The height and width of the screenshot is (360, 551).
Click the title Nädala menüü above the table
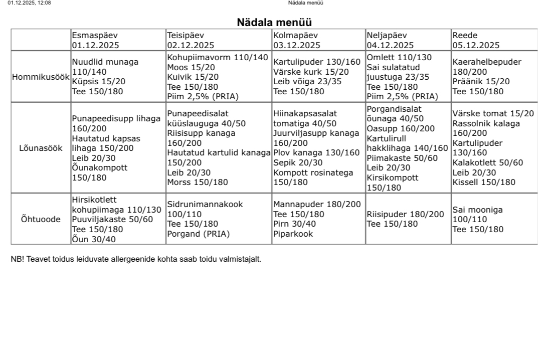point(274,23)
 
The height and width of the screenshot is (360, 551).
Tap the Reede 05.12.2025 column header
point(476,40)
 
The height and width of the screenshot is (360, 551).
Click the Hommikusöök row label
point(41,77)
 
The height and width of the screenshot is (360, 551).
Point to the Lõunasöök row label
point(41,148)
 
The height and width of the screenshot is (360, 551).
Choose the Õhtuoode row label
point(41,219)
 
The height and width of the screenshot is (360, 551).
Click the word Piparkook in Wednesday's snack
point(293,234)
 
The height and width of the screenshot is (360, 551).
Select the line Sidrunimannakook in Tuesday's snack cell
point(205,204)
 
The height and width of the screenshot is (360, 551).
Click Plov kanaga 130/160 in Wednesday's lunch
point(316,152)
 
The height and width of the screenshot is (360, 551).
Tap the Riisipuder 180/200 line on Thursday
point(405,214)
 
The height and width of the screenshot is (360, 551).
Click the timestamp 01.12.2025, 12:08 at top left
point(29,3)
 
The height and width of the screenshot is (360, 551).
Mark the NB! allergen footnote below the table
point(136,259)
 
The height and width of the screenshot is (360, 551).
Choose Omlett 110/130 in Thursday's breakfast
point(399,57)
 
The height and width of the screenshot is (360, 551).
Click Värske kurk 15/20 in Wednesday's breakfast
point(311,72)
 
